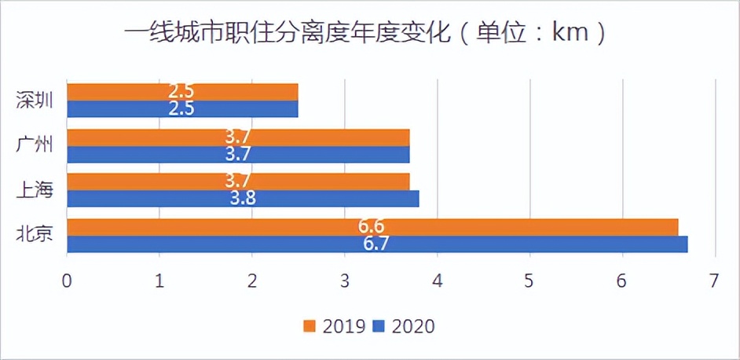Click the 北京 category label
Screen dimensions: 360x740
[x=35, y=234]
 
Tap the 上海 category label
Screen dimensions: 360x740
[x=35, y=190]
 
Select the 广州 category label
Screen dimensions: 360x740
[x=35, y=145]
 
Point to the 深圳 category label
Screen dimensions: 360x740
[x=35, y=101]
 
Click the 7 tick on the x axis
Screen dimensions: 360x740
[x=714, y=280]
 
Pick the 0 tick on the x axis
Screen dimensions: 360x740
[x=68, y=280]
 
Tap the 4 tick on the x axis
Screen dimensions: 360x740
[x=438, y=280]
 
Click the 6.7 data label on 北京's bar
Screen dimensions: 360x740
[x=376, y=244]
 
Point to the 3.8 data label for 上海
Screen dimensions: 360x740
[x=243, y=199]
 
